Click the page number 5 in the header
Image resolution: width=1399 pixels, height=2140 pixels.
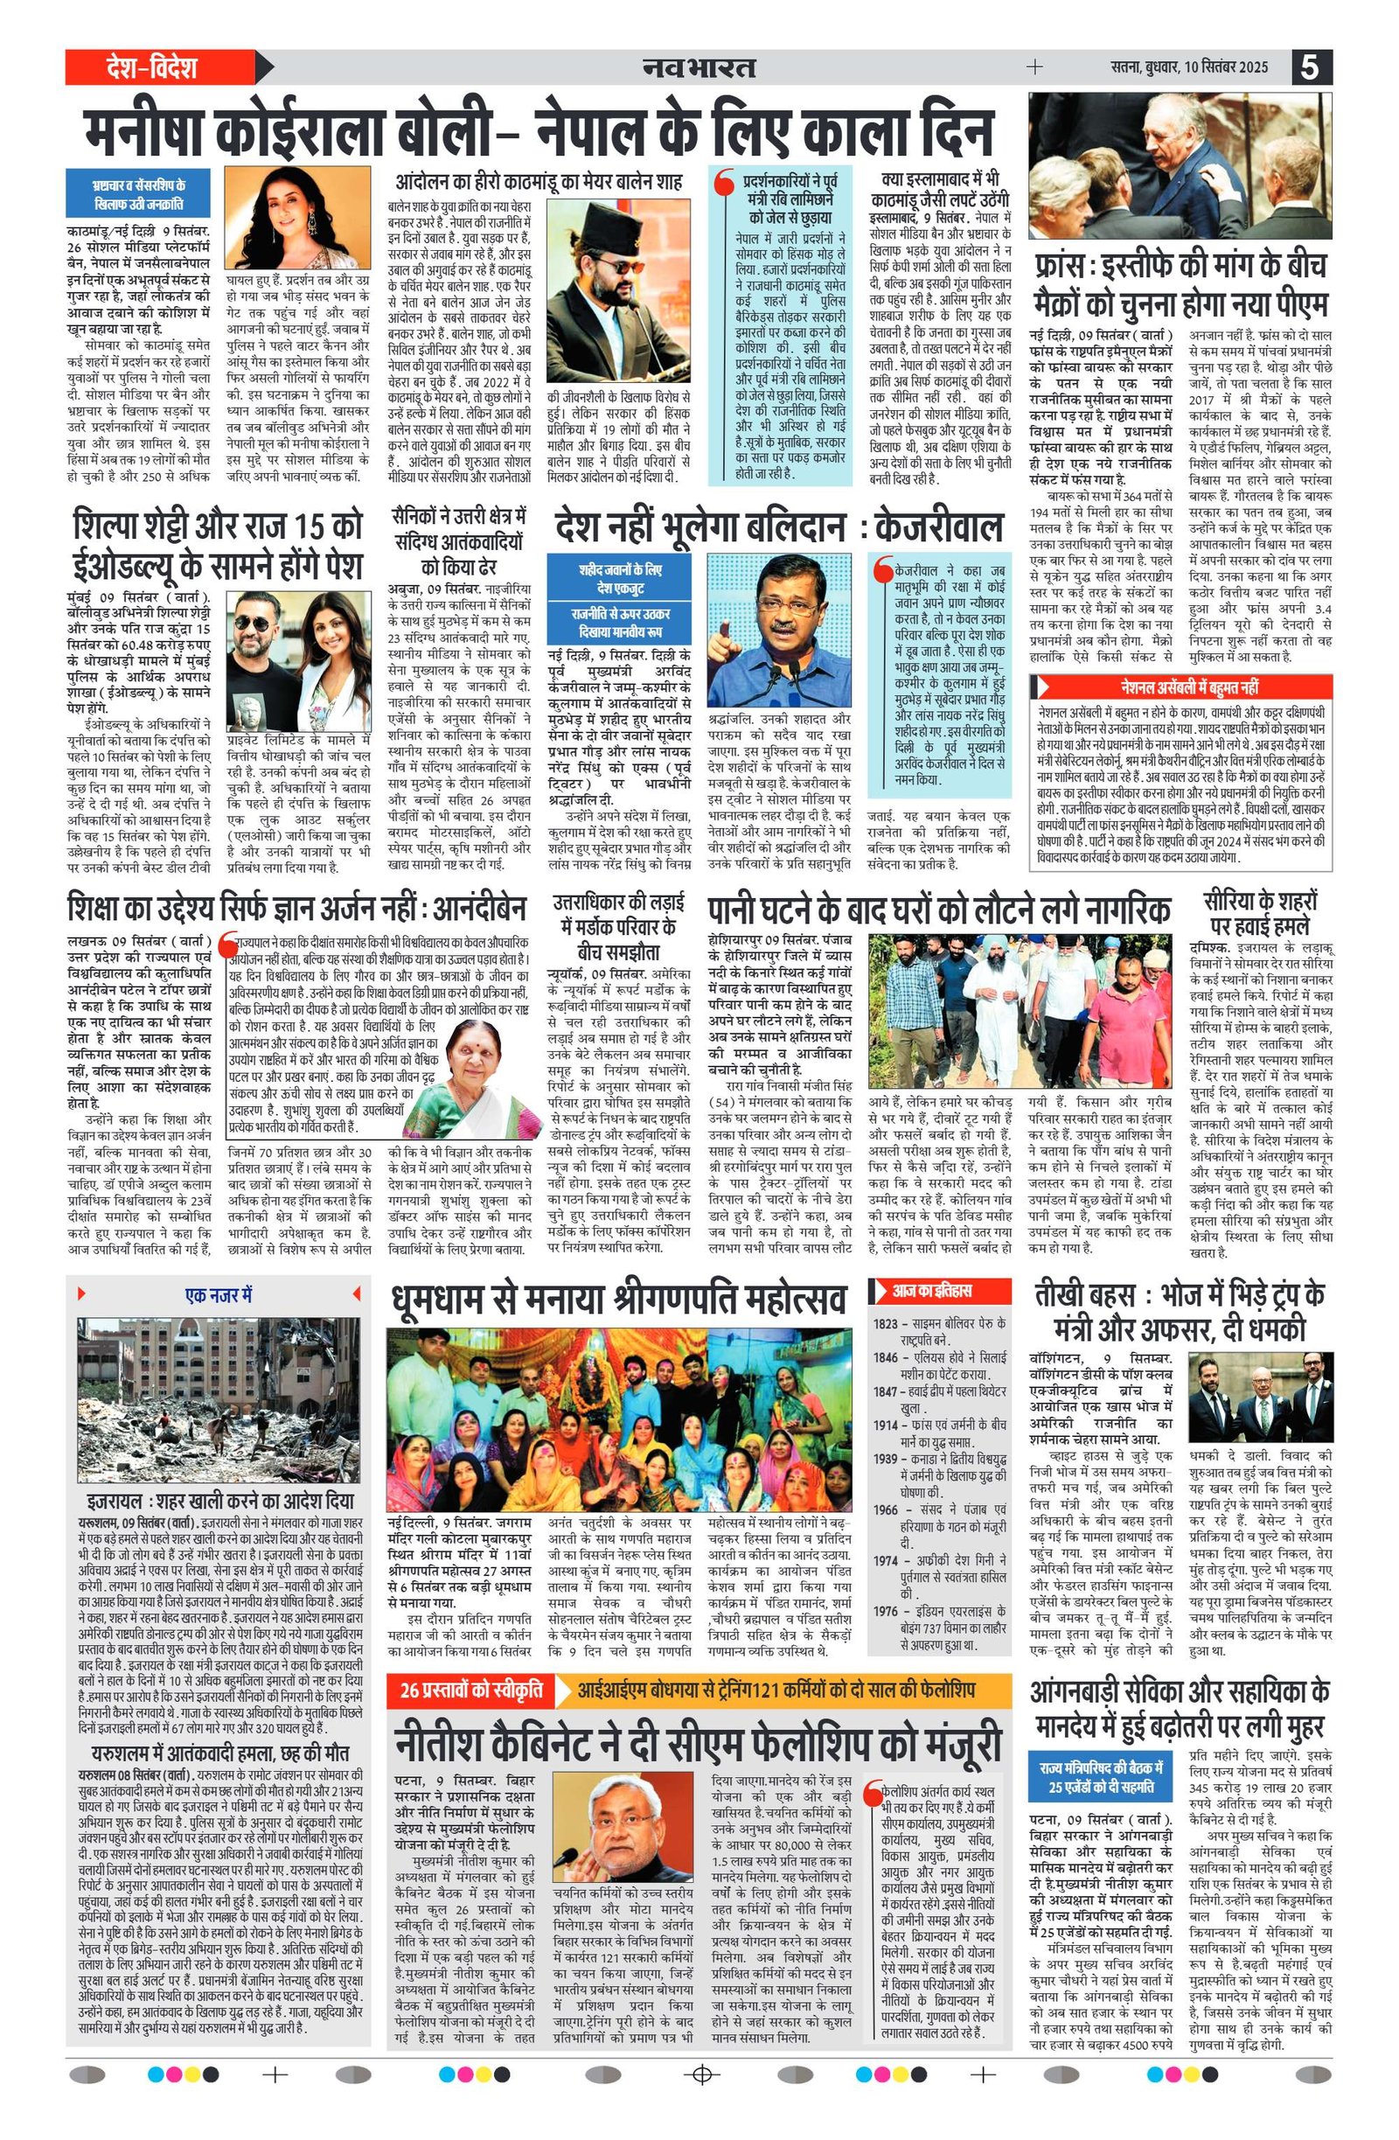[x=1312, y=67]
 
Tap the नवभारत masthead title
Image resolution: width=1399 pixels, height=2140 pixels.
[x=699, y=67]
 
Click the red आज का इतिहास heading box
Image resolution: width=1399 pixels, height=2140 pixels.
[x=930, y=1290]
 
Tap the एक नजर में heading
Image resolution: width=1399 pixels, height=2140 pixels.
[x=219, y=1295]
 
